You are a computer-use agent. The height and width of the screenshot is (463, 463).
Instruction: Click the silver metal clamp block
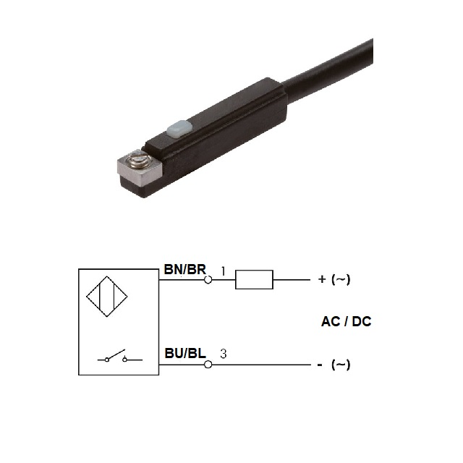140,169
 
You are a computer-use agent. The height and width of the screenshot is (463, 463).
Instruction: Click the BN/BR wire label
185,269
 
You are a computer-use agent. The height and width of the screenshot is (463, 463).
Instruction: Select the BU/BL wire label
185,353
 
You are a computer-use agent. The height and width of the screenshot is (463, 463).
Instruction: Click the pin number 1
224,271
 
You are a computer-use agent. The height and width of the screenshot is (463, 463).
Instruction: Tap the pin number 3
224,354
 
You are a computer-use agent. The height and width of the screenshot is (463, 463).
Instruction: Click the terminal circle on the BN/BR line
208,280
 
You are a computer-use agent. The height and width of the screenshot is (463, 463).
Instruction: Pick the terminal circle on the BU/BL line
208,365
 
